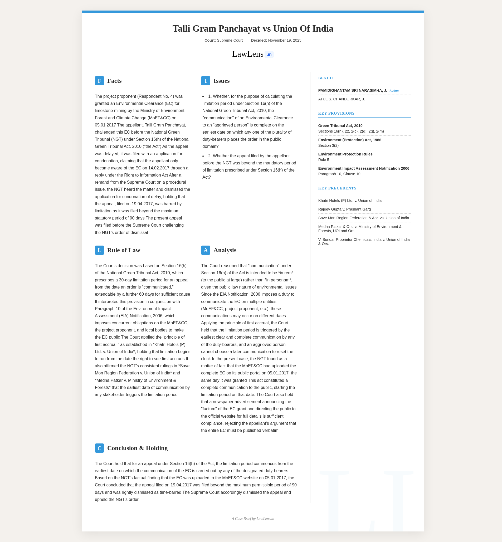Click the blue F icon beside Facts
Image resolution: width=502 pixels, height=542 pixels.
pyautogui.click(x=99, y=81)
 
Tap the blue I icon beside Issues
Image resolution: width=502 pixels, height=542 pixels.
pyautogui.click(x=205, y=81)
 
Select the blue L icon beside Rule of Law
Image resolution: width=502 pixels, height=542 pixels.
pyautogui.click(x=99, y=250)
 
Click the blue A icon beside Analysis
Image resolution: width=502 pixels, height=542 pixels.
pyautogui.click(x=205, y=250)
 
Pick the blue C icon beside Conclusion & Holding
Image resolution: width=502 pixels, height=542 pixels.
pyautogui.click(x=99, y=448)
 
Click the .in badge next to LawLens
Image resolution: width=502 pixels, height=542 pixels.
pyautogui.click(x=269, y=55)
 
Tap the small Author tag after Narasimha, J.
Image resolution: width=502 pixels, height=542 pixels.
pyautogui.click(x=394, y=91)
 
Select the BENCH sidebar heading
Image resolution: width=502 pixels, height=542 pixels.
pyautogui.click(x=325, y=78)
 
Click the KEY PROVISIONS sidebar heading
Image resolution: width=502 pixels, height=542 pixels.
pyautogui.click(x=336, y=113)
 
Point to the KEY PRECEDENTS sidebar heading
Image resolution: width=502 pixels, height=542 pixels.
pyautogui.click(x=337, y=188)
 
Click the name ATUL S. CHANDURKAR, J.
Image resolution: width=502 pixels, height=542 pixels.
pyautogui.click(x=342, y=99)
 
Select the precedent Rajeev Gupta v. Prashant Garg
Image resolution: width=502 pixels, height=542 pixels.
pyautogui.click(x=344, y=209)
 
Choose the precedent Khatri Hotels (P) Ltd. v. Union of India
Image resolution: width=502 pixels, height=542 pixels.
pyautogui.click(x=350, y=201)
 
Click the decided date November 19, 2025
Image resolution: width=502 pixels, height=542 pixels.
pyautogui.click(x=284, y=41)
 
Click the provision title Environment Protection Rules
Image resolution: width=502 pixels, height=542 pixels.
pyautogui.click(x=345, y=154)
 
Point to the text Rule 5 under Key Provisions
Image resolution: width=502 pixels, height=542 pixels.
pyautogui.click(x=324, y=160)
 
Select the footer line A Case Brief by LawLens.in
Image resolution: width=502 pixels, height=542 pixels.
pyautogui.click(x=253, y=518)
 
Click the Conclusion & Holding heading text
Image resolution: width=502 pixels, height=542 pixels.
pyautogui.click(x=137, y=448)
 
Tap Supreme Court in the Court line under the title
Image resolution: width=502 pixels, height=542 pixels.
pyautogui.click(x=230, y=41)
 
